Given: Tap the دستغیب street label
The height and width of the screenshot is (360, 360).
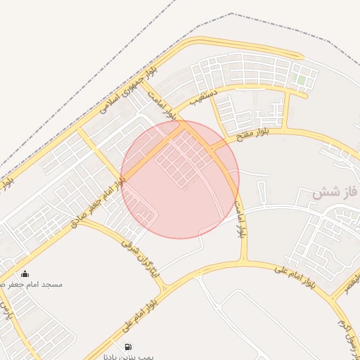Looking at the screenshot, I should point(204,97).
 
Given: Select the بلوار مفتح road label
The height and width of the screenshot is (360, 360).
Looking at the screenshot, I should point(253,134).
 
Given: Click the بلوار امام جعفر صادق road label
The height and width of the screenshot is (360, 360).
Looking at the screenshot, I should point(98,202).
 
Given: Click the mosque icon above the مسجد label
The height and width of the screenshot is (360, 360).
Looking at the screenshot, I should point(25,274).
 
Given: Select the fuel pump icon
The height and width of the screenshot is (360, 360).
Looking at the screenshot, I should point(127,347).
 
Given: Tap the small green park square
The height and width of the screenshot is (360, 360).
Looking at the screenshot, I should point(301,80).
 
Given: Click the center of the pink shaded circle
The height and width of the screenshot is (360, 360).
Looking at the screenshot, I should point(180,179).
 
